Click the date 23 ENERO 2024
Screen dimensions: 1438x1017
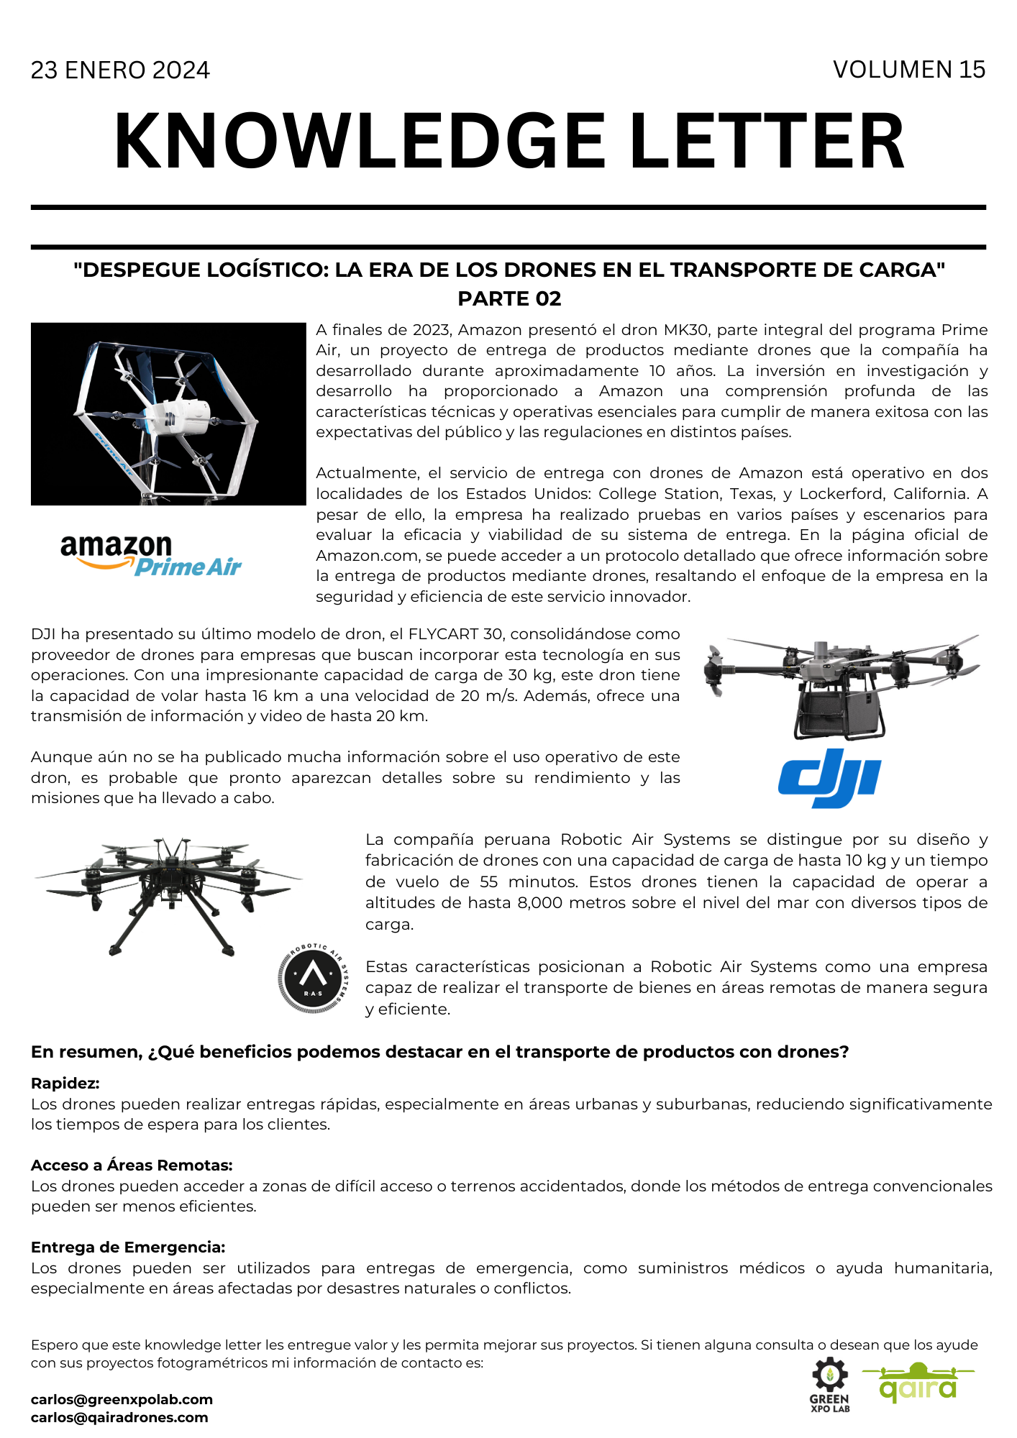(120, 70)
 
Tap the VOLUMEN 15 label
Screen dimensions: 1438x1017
(908, 70)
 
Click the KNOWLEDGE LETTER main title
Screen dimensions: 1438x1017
(508, 142)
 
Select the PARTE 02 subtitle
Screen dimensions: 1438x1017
(509, 298)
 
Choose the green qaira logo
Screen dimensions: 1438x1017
(918, 1383)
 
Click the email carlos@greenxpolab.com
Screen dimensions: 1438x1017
(122, 1399)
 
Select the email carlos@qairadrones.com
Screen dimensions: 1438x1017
(119, 1417)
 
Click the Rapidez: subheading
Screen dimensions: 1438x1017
(65, 1083)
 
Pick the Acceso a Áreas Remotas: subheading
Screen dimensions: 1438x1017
(132, 1165)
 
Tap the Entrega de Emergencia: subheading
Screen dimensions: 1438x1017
(128, 1247)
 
